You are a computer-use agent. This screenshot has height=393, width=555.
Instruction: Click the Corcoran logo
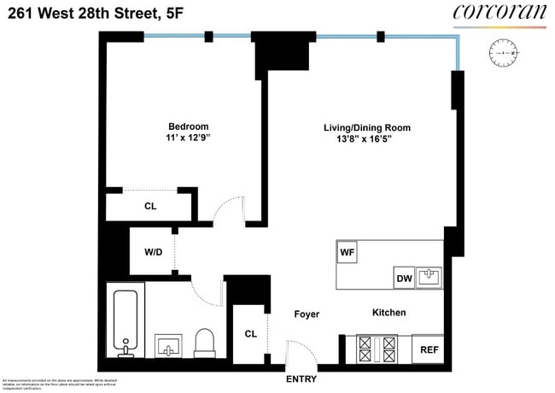tap(498, 12)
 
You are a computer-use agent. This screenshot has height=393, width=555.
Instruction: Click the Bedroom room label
tap(187, 126)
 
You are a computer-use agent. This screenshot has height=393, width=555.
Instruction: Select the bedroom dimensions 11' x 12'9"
tap(187, 138)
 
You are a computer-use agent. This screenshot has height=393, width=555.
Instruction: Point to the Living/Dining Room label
tap(366, 127)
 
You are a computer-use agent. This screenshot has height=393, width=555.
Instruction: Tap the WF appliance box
tap(348, 253)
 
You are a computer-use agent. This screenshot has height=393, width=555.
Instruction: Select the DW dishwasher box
tap(404, 278)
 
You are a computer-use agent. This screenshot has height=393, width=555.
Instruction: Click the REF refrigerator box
tap(428, 349)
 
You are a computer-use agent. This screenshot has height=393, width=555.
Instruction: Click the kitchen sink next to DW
tap(429, 277)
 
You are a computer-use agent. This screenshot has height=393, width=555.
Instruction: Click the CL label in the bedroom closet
tap(150, 206)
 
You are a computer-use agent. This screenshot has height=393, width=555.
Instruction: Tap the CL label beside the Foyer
tap(250, 333)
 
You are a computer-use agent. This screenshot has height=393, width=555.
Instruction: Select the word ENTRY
tap(301, 378)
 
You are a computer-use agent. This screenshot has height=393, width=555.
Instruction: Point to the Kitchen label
tap(388, 313)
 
